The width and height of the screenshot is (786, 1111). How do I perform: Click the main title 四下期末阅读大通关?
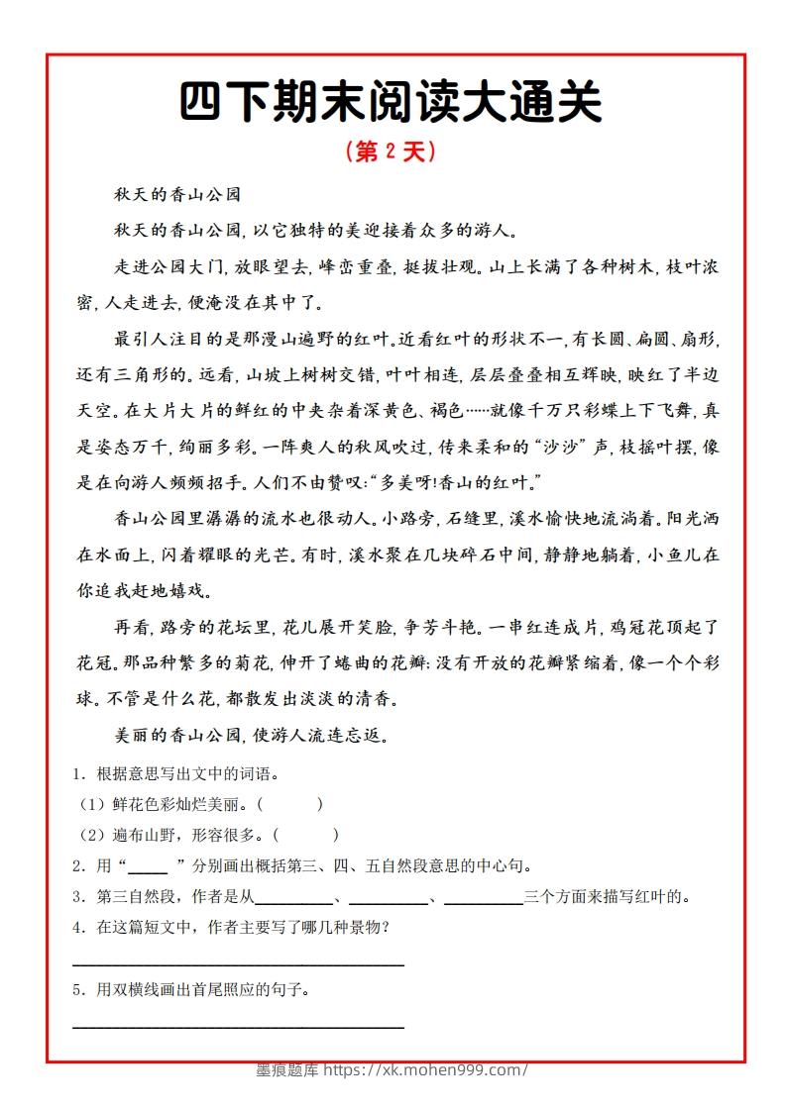(392, 103)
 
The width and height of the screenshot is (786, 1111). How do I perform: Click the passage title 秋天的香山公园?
(177, 195)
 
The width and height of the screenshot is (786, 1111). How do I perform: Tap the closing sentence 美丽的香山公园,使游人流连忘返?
(257, 736)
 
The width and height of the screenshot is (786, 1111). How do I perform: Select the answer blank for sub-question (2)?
(308, 835)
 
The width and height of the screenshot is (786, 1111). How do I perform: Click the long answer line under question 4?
(239, 963)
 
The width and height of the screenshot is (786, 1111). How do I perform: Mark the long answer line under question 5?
(239, 1027)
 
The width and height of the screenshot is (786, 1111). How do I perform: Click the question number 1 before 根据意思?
(77, 773)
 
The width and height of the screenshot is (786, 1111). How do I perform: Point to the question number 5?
(77, 989)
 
